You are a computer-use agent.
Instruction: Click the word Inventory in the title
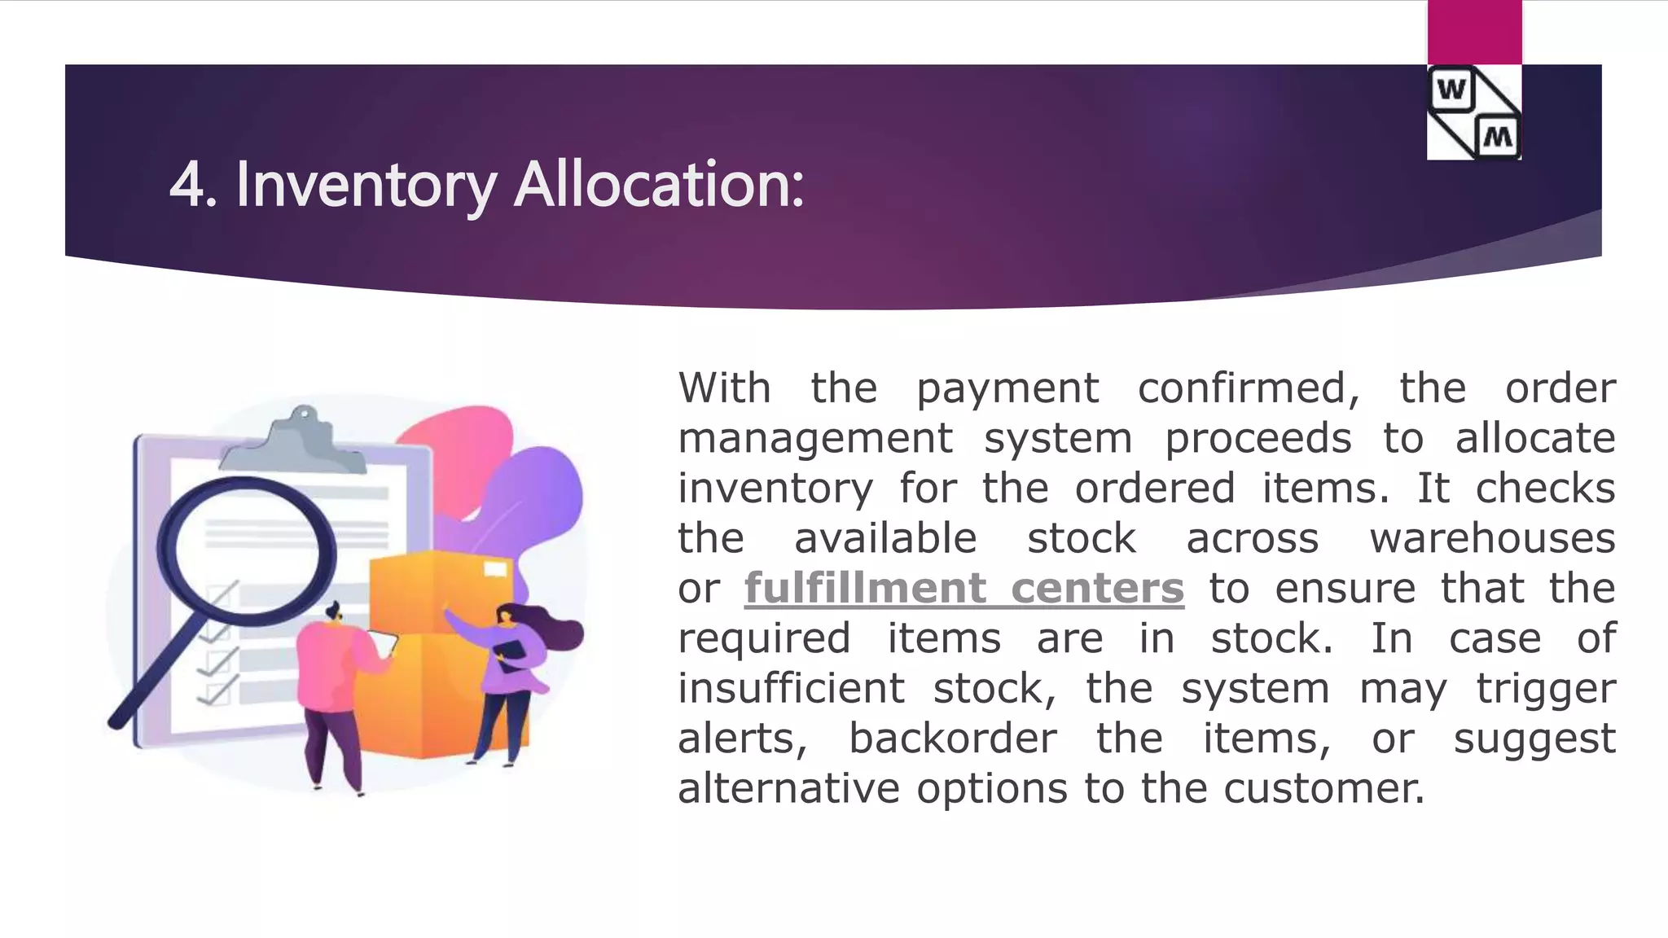(x=366, y=185)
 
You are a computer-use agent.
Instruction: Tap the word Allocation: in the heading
(x=659, y=185)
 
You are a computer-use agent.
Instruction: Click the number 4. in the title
(x=193, y=185)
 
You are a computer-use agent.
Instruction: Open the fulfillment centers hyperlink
(x=963, y=588)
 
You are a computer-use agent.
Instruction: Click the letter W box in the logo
(x=1451, y=90)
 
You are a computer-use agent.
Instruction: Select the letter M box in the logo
(x=1498, y=136)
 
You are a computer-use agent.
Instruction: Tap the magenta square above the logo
(x=1474, y=32)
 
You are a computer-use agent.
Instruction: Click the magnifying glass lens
(x=246, y=551)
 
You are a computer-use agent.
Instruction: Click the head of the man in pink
(x=333, y=611)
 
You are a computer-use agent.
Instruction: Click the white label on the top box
(x=495, y=568)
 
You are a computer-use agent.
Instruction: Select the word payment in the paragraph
(x=1007, y=388)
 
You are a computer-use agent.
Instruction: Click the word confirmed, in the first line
(x=1249, y=388)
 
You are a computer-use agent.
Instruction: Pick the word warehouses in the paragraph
(x=1492, y=538)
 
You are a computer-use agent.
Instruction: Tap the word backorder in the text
(x=952, y=739)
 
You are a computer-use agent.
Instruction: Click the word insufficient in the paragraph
(x=791, y=689)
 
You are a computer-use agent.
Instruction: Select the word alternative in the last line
(x=788, y=789)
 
